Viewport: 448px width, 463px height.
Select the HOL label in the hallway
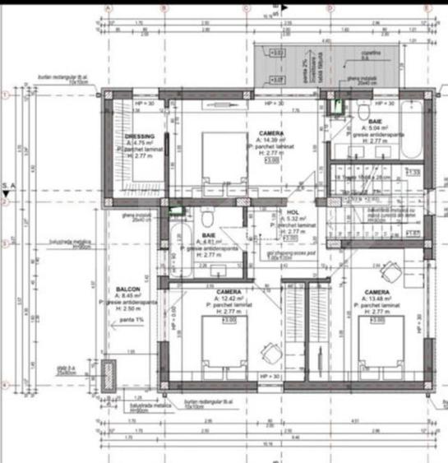pyautogui.click(x=293, y=212)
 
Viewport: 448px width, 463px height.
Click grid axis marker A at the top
pyautogui.click(x=108, y=9)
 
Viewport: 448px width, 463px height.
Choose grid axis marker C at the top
pyautogui.click(x=247, y=9)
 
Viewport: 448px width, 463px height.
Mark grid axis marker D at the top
pyautogui.click(x=330, y=9)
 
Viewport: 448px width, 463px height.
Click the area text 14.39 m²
pyautogui.click(x=275, y=141)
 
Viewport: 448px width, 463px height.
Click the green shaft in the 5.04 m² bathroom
pyautogui.click(x=336, y=104)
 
